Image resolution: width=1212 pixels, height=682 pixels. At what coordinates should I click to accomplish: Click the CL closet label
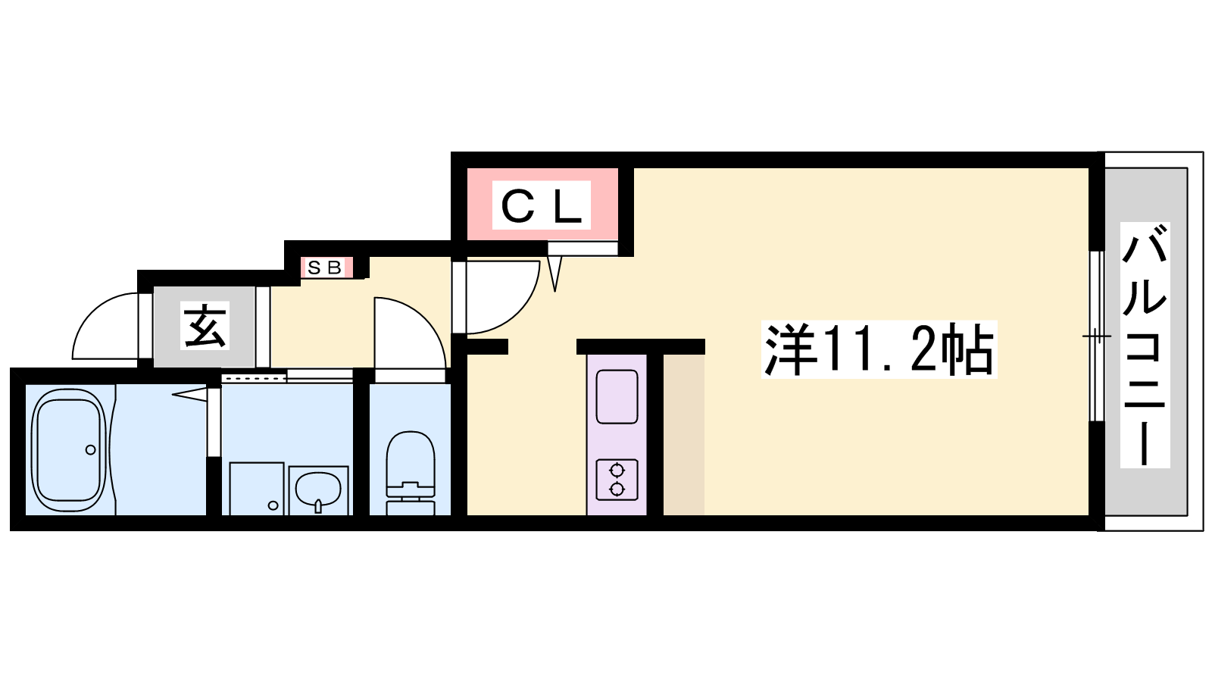pos(542,205)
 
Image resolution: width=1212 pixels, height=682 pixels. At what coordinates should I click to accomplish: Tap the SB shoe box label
pos(325,267)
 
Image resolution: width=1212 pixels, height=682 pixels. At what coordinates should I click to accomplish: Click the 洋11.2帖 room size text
pos(879,349)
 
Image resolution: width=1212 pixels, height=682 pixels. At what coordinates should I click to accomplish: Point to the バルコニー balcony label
pos(1145,345)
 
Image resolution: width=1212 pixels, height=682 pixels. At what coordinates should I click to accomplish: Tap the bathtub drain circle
pos(90,449)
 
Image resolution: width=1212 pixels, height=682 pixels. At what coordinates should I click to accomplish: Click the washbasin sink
pos(319,490)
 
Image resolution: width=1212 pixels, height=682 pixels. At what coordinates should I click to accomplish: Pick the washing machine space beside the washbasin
pos(257,488)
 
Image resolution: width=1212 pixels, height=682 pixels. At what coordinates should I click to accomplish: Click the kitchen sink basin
pos(617,396)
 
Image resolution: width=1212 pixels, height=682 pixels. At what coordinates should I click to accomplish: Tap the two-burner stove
pos(617,480)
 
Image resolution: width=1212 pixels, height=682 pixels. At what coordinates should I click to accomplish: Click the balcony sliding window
pos(1096,336)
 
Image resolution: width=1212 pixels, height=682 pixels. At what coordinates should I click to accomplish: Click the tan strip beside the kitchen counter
pos(684,435)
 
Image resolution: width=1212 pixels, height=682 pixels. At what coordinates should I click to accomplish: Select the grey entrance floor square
pos(205,327)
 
